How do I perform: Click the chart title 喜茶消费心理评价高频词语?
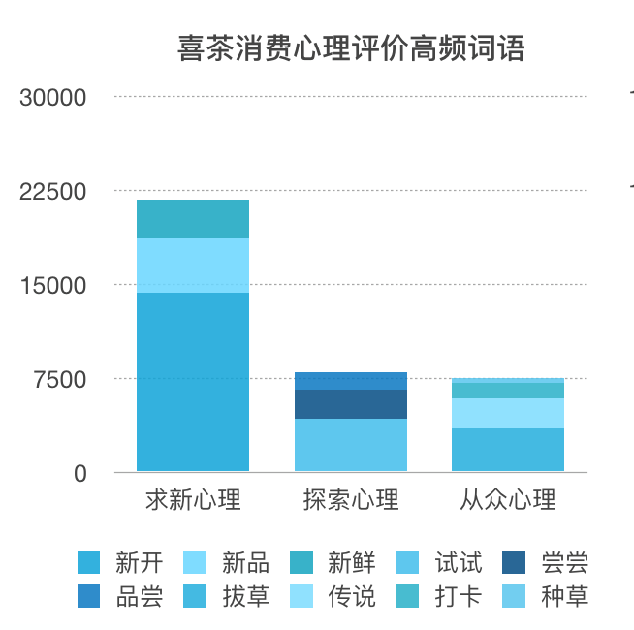coord(351,48)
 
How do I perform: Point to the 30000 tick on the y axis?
coord(54,98)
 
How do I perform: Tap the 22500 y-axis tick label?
coord(54,191)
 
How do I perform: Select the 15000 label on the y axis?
coord(54,285)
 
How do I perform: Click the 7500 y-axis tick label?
coord(60,379)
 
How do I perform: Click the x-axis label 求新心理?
coord(193,500)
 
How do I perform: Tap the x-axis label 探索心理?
coord(351,500)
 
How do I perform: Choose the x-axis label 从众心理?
coord(508,500)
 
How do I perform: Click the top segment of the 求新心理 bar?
coord(193,219)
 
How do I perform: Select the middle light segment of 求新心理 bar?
coord(193,266)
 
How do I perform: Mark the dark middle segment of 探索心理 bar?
coord(351,404)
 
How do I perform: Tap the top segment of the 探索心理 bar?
coord(351,381)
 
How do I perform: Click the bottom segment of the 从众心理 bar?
coord(508,450)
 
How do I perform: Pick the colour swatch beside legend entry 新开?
coord(89,562)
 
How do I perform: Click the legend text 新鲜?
coord(351,562)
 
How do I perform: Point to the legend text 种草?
coord(564,596)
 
